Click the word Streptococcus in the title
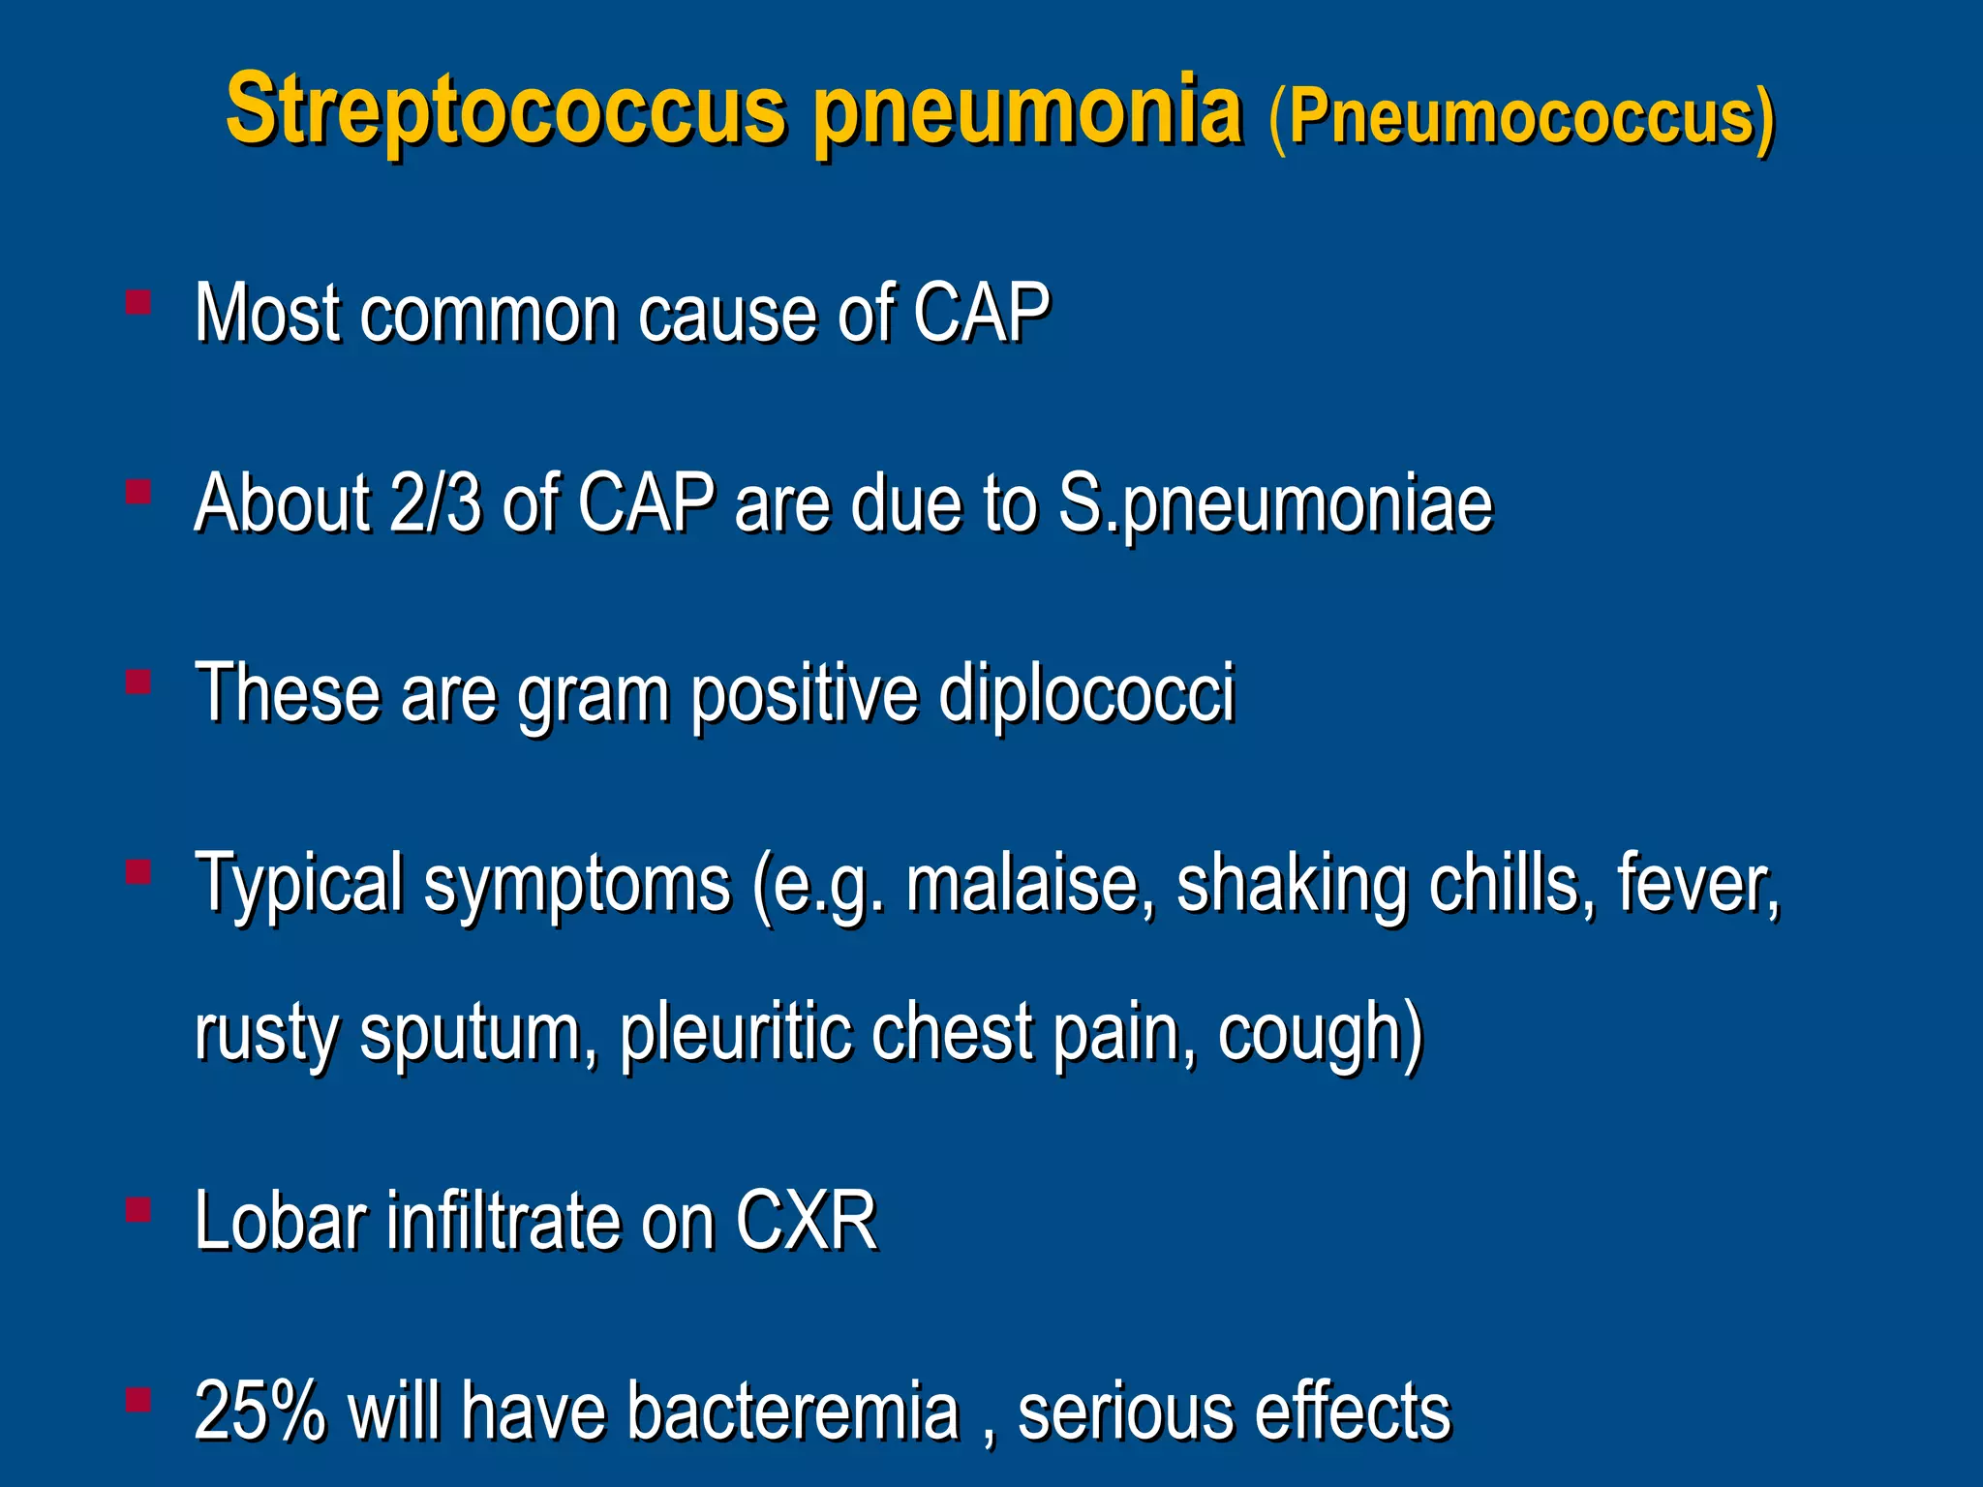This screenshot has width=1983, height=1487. point(504,111)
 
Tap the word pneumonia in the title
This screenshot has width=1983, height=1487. point(1027,111)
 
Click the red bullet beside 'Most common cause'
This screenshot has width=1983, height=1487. point(138,303)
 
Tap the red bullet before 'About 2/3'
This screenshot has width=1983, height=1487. point(138,493)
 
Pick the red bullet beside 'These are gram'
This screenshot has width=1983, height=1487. point(138,683)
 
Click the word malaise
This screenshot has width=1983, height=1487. point(1029,884)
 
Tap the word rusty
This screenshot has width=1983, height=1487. point(266,1034)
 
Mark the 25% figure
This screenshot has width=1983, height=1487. point(260,1411)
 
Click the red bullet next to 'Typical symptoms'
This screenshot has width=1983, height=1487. point(138,872)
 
